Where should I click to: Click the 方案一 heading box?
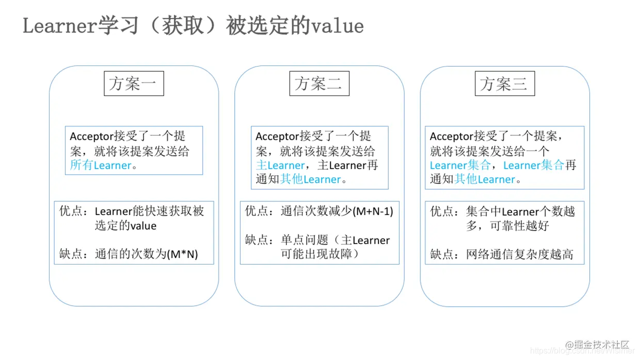(134, 84)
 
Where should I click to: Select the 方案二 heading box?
(319, 84)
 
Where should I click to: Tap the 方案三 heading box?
(504, 84)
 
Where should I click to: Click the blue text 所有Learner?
(101, 166)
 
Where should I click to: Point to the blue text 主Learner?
(280, 166)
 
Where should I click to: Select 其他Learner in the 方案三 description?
(485, 179)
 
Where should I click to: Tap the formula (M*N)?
(183, 254)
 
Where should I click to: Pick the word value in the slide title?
(338, 26)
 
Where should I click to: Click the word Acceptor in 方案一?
(91, 137)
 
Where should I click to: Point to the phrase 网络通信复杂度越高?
(519, 254)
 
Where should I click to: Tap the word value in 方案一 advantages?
(143, 226)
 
